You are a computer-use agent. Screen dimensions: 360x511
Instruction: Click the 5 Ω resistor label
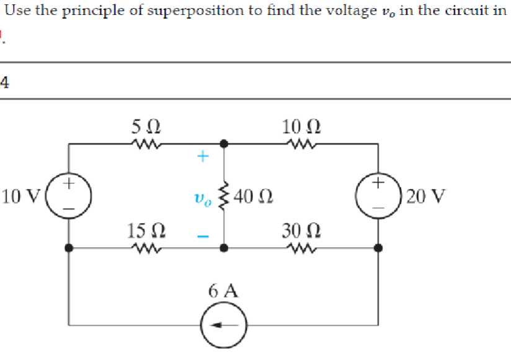(x=146, y=128)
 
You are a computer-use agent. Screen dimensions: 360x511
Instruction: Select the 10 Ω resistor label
(x=301, y=128)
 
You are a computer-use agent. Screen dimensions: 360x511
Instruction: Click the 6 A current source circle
(x=224, y=325)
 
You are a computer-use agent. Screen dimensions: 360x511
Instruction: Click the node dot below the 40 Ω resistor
(x=224, y=248)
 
